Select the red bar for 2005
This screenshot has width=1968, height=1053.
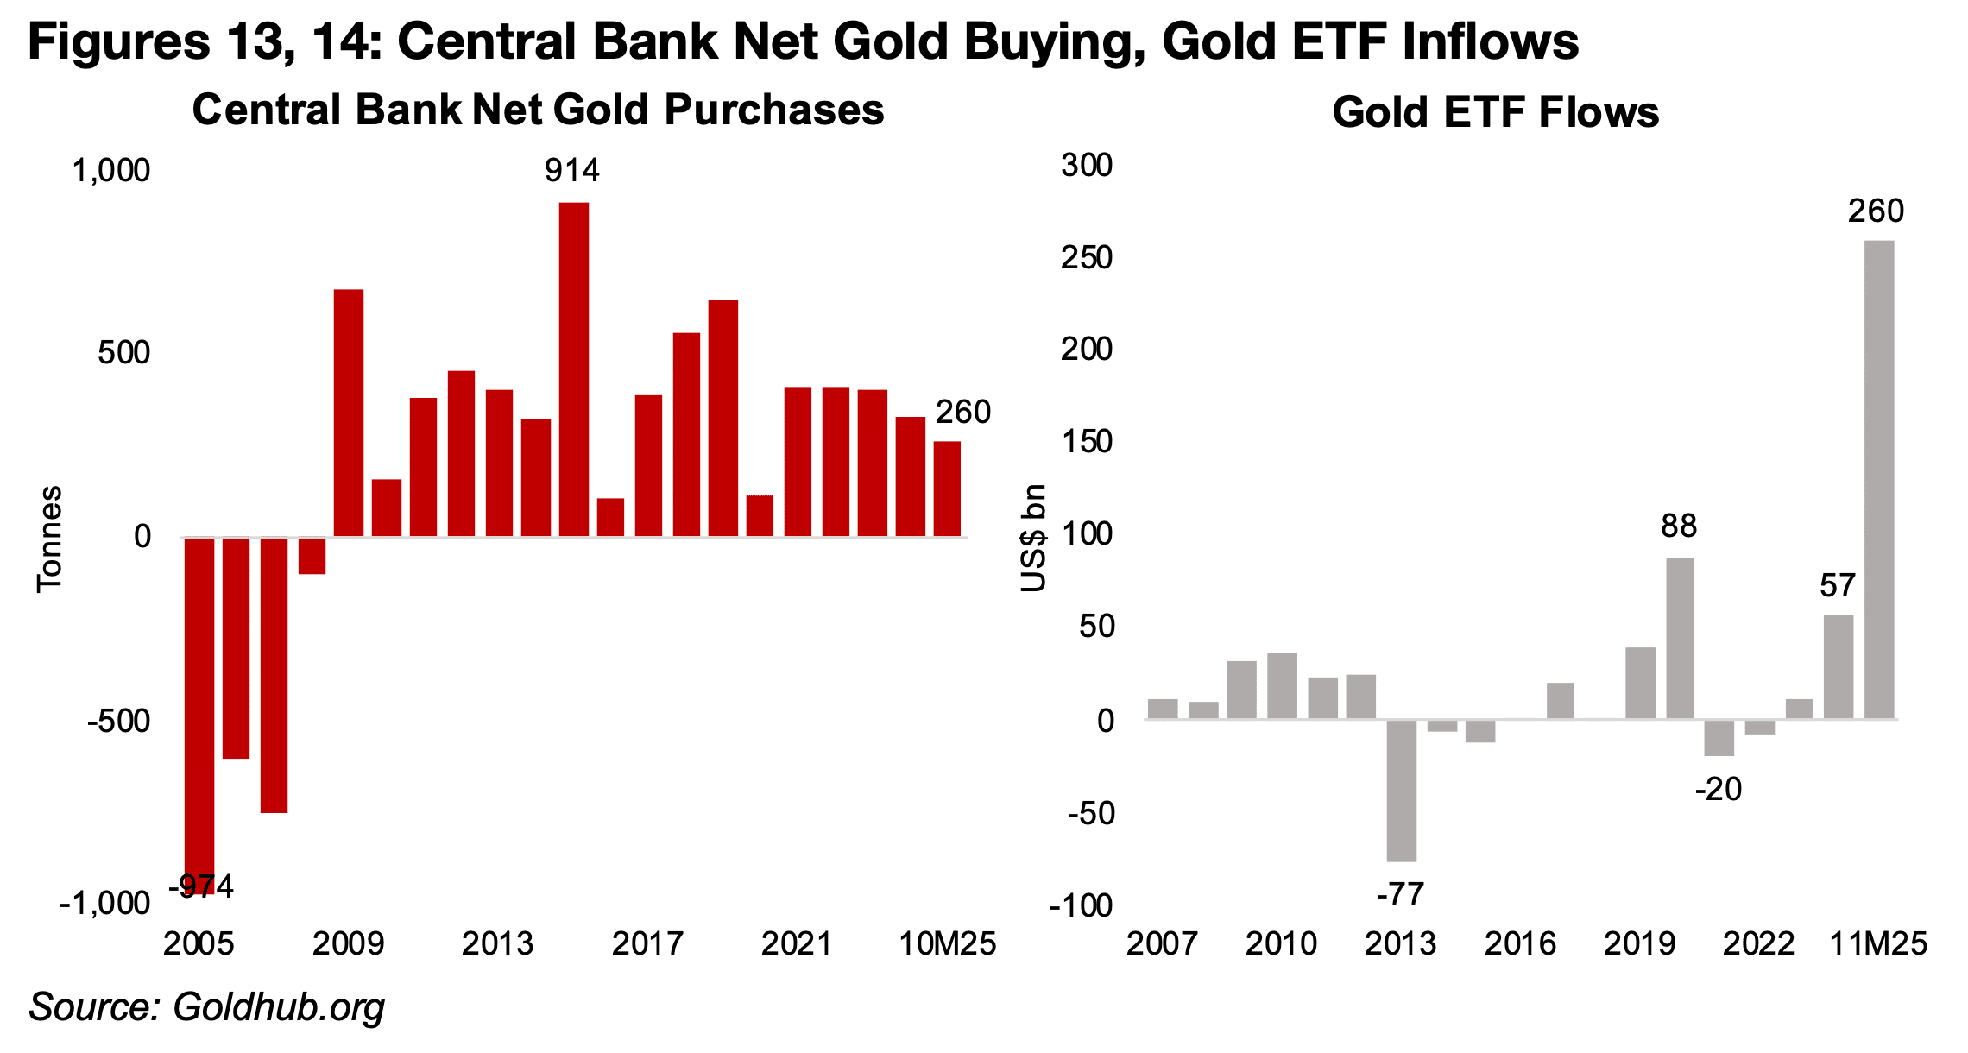(199, 708)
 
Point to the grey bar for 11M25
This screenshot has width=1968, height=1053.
(1879, 479)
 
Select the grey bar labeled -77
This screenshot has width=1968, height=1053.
(1401, 790)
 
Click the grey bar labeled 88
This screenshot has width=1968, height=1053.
(1679, 638)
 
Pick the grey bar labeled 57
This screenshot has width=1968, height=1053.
(1838, 666)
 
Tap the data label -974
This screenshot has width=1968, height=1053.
(201, 886)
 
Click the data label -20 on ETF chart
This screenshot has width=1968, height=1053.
(1718, 789)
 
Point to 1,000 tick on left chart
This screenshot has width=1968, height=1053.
(111, 171)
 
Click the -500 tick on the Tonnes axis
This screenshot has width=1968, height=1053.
(118, 721)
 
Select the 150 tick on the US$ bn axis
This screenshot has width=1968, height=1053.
(1087, 442)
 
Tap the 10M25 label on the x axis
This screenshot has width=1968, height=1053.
(947, 943)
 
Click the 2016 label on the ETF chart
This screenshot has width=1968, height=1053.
(1520, 943)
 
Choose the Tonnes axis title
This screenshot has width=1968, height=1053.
(49, 539)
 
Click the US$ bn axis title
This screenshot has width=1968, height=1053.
(1033, 538)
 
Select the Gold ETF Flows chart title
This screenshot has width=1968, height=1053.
(1495, 112)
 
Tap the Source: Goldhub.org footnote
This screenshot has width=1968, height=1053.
(206, 1007)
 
